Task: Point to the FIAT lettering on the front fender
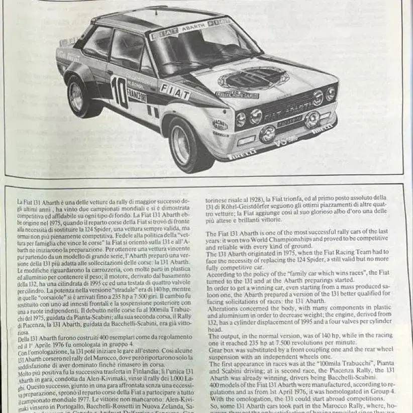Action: pyautogui.click(x=175, y=91)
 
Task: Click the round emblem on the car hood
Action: pyautogui.click(x=253, y=78)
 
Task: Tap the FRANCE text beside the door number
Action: pyautogui.click(x=137, y=95)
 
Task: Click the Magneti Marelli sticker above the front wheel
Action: pyautogui.click(x=220, y=125)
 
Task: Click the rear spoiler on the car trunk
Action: pyautogui.click(x=67, y=42)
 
